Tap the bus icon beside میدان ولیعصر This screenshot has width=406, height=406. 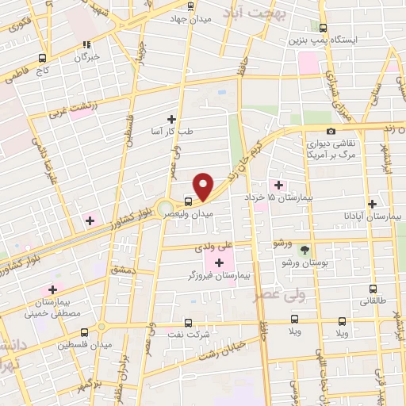click(187, 201)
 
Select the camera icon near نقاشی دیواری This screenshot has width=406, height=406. click(331, 131)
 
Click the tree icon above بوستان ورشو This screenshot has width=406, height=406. click(304, 249)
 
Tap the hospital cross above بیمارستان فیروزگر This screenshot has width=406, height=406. click(218, 262)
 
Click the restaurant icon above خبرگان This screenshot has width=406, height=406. click(86, 44)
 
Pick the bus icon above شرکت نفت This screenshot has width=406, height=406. click(188, 322)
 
